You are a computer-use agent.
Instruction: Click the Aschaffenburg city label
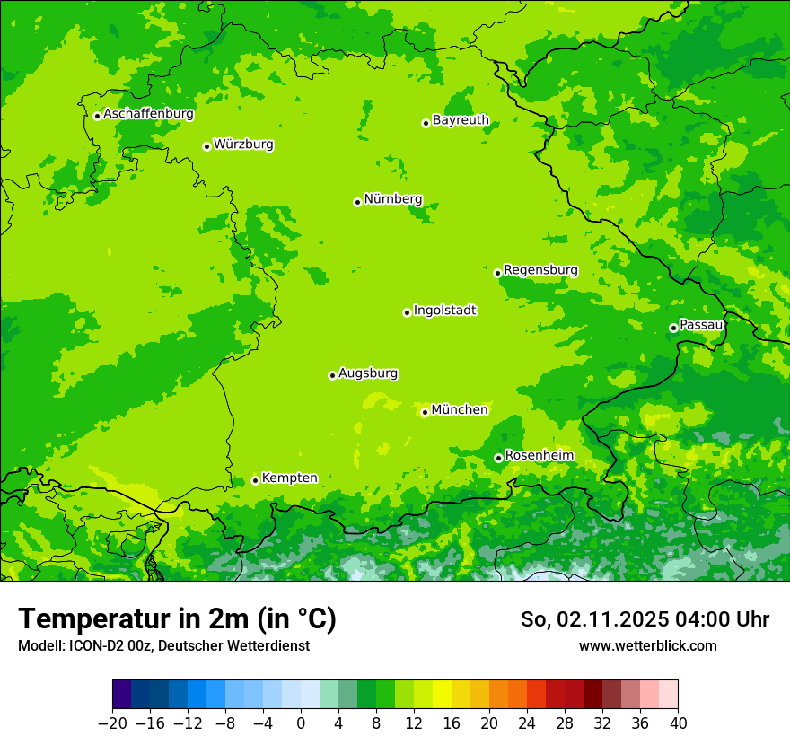[148, 114]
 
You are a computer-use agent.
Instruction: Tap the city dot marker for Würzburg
[206, 146]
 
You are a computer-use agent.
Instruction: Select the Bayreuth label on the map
[461, 120]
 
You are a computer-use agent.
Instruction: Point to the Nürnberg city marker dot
[357, 202]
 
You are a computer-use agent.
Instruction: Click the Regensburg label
[540, 270]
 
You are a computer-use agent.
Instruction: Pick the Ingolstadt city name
[444, 311]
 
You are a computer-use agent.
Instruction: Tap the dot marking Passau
[673, 328]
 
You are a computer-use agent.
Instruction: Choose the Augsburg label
[368, 373]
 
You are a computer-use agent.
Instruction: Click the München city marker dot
[425, 413]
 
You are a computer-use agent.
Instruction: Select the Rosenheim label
[539, 456]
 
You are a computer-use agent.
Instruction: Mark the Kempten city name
[289, 478]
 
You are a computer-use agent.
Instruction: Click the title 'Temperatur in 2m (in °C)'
[177, 619]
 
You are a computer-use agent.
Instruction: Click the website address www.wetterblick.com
[647, 645]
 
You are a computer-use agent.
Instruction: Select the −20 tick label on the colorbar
[112, 723]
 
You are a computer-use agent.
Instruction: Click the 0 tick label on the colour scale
[301, 723]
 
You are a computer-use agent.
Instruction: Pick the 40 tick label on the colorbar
[678, 723]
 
